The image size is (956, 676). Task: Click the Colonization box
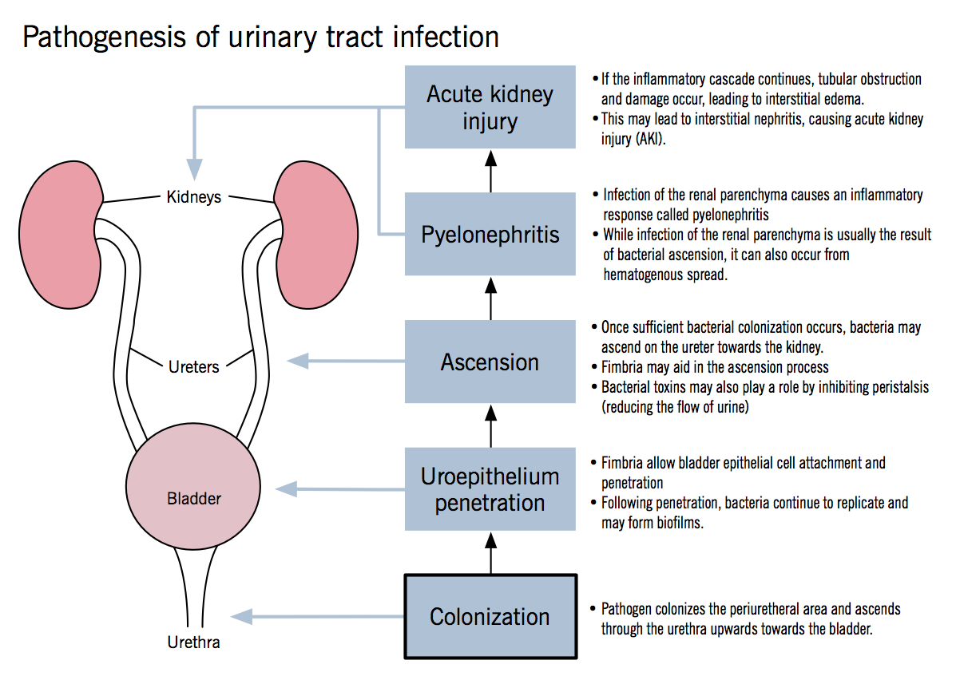click(490, 616)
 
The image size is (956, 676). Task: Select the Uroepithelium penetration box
click(490, 489)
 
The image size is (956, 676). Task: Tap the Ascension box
click(490, 362)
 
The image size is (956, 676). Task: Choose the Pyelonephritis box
click(490, 235)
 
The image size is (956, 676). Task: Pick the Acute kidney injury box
click(490, 107)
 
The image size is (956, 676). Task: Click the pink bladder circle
click(193, 488)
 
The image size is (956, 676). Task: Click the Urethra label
click(193, 642)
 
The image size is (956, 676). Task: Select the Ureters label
click(193, 367)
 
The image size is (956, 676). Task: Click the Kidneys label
click(193, 196)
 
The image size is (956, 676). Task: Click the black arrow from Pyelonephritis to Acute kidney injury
click(490, 169)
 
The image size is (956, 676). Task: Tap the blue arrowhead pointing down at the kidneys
click(194, 169)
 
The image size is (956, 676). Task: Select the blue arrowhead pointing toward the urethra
click(242, 616)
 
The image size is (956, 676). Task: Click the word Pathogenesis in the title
click(93, 37)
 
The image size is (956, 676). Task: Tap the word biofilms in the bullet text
click(679, 524)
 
